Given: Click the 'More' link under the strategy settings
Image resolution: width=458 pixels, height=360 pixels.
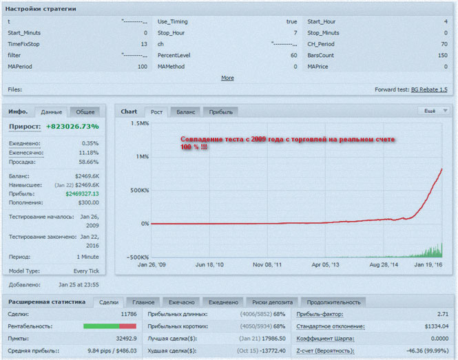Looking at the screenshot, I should [227, 78].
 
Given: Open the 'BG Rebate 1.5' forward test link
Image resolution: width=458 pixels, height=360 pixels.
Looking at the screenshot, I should [429, 89].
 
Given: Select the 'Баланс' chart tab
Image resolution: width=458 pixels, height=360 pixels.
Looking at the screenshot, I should [185, 112].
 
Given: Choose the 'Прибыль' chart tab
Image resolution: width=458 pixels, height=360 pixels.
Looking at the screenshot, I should [220, 112].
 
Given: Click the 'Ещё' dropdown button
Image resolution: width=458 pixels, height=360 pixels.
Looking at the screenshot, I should [433, 110].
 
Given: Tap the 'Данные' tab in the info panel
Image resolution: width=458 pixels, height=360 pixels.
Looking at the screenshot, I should [51, 112].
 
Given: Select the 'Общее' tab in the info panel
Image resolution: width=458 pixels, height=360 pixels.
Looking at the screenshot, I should [85, 112].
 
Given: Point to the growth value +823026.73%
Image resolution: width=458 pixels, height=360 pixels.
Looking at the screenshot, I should [72, 127].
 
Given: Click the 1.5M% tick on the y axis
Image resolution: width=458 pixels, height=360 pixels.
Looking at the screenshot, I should [138, 123].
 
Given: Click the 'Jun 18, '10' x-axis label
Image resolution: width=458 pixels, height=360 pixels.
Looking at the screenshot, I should [210, 264].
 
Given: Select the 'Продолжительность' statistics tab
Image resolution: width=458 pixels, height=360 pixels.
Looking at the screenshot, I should [333, 301].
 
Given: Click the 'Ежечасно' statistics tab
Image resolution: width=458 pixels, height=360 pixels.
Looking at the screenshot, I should [181, 301].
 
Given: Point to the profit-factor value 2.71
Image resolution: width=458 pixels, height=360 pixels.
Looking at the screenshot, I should [443, 314].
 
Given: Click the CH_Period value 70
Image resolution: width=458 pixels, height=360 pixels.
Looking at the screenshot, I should [443, 43].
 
